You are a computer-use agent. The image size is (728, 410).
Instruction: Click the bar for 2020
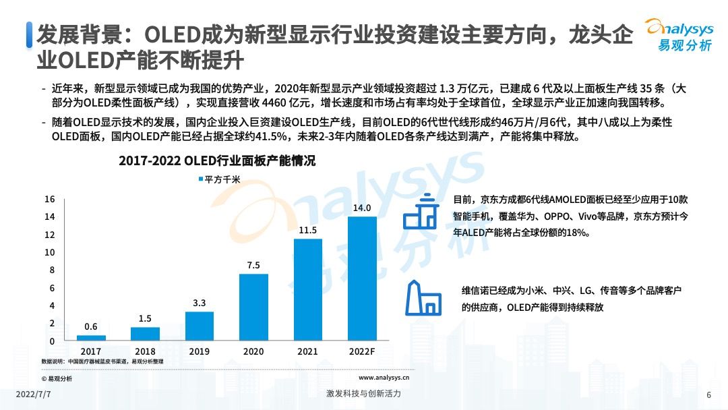coord(253,307)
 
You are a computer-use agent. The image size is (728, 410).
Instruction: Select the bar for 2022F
coord(363,279)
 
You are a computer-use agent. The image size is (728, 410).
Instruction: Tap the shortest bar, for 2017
coord(91,338)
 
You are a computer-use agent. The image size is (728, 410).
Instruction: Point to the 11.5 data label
coord(308,231)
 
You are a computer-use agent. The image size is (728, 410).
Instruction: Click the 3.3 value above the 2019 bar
coord(200,303)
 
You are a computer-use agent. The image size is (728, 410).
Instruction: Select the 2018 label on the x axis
coord(145,351)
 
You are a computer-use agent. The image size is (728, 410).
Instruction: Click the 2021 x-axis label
coord(308,351)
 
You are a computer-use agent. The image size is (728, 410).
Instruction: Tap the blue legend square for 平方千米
coord(200,179)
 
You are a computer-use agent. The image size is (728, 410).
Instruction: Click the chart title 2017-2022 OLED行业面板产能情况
coord(217,162)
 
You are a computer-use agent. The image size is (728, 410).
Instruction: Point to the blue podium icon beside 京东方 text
coord(421,212)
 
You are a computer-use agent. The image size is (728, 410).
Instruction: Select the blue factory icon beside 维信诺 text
coord(423,298)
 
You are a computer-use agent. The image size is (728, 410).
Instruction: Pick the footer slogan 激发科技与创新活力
coord(363,394)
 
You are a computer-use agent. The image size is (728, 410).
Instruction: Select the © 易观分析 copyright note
coord(57,378)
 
